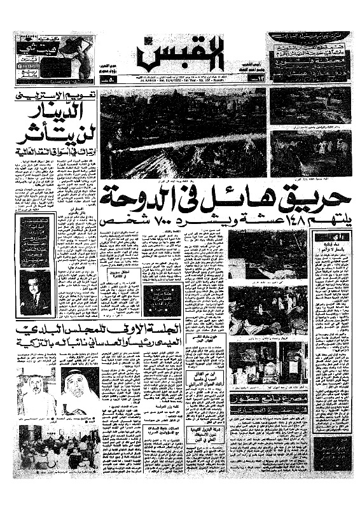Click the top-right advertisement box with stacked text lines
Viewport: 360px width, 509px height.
pos(309,58)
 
